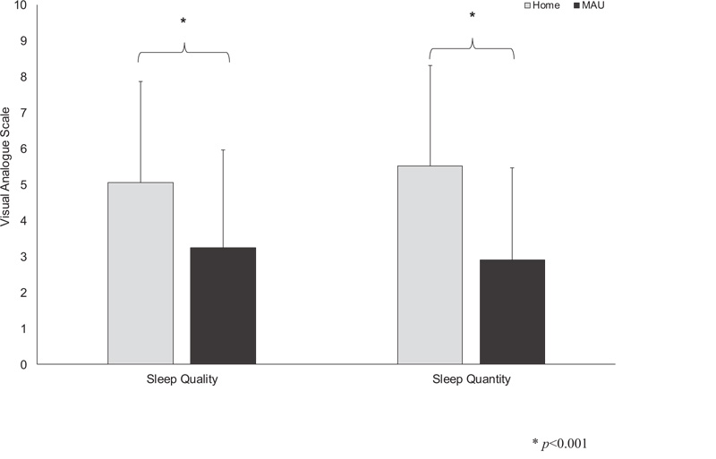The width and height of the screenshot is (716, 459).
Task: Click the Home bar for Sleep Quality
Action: coord(141,273)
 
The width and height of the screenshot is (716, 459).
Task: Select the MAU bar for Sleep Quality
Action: coord(223,305)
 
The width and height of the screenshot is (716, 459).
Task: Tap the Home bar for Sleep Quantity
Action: coord(430,265)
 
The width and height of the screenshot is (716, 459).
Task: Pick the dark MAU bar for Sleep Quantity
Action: coord(512,311)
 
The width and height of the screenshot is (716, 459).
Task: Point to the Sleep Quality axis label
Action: coord(182,379)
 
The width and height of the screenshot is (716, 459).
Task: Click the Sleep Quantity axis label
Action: coord(471,379)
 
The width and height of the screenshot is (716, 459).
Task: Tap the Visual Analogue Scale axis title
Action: coord(7,167)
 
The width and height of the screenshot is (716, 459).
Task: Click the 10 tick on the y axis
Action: coord(21,5)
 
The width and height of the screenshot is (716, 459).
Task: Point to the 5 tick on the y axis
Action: coord(23,185)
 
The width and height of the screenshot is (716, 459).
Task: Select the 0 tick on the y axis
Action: coord(23,365)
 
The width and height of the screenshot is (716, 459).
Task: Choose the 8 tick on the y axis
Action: coord(23,77)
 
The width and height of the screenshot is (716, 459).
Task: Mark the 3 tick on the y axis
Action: coord(23,257)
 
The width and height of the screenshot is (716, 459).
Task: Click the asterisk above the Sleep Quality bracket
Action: coord(183,21)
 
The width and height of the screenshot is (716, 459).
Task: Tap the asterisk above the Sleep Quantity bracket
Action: coord(472,16)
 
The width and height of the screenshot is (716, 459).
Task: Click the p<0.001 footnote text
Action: coord(560,443)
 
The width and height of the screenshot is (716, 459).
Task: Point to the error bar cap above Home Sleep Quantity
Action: coord(430,65)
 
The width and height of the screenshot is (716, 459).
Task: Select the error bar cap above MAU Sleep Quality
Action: coord(223,150)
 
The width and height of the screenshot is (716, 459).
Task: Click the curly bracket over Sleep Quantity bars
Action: coord(472,47)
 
